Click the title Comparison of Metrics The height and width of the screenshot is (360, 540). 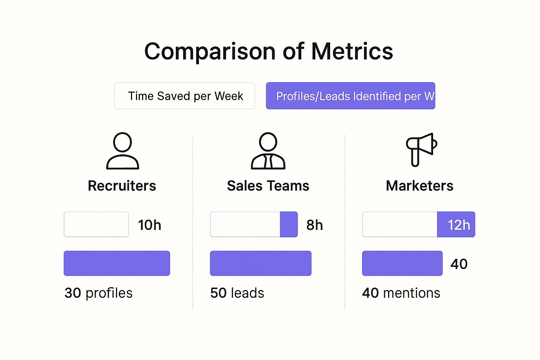tap(269, 51)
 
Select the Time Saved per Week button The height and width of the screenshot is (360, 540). tap(185, 96)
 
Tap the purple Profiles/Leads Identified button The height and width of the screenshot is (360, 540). tap(351, 96)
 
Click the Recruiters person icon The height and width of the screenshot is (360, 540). tap(122, 151)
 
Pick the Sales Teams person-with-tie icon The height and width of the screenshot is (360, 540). tap(268, 151)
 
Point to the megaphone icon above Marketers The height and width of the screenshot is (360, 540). tap(421, 149)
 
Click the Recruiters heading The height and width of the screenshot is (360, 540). tap(122, 186)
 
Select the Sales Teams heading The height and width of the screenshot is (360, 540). tap(268, 186)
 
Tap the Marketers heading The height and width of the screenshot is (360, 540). tap(419, 186)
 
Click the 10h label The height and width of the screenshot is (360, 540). tap(149, 225)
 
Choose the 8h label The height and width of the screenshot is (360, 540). tap(314, 225)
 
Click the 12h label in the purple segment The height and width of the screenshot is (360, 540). tap(458, 225)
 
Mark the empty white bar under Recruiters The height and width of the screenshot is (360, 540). tap(96, 224)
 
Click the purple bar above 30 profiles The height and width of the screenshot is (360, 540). tap(117, 263)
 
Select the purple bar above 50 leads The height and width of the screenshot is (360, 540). tap(261, 263)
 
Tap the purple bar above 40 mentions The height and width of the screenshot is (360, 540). tap(402, 263)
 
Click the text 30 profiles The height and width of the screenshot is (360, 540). tap(98, 293)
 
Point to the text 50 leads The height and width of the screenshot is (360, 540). tap(237, 293)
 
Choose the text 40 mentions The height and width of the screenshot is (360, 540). tap(401, 293)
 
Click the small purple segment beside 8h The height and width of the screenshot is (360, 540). tap(289, 224)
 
